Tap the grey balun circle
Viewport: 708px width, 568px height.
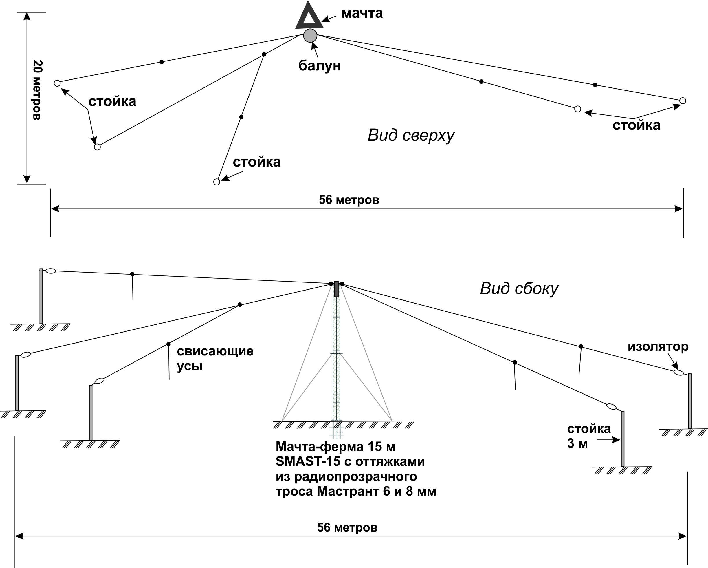click(x=310, y=35)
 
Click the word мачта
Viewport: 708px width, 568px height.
click(x=362, y=13)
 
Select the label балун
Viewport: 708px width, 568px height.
click(x=320, y=66)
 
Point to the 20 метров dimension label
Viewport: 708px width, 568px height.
click(x=37, y=90)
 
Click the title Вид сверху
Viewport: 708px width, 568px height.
click(x=411, y=135)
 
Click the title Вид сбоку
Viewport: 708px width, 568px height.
click(x=519, y=289)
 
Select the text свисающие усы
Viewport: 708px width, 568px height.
click(x=215, y=358)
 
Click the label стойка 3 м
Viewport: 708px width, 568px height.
click(x=589, y=436)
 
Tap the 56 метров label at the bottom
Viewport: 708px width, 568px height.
click(x=347, y=527)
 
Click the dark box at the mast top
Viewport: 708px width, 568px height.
click(x=336, y=289)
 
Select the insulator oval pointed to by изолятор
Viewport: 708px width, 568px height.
click(x=678, y=372)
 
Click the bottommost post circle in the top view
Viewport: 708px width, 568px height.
click(x=217, y=182)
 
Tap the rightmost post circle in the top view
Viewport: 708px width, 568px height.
click(x=683, y=101)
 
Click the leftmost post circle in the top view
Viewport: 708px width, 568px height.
click(x=57, y=83)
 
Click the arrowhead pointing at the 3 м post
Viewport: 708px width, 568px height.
click(x=616, y=440)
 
